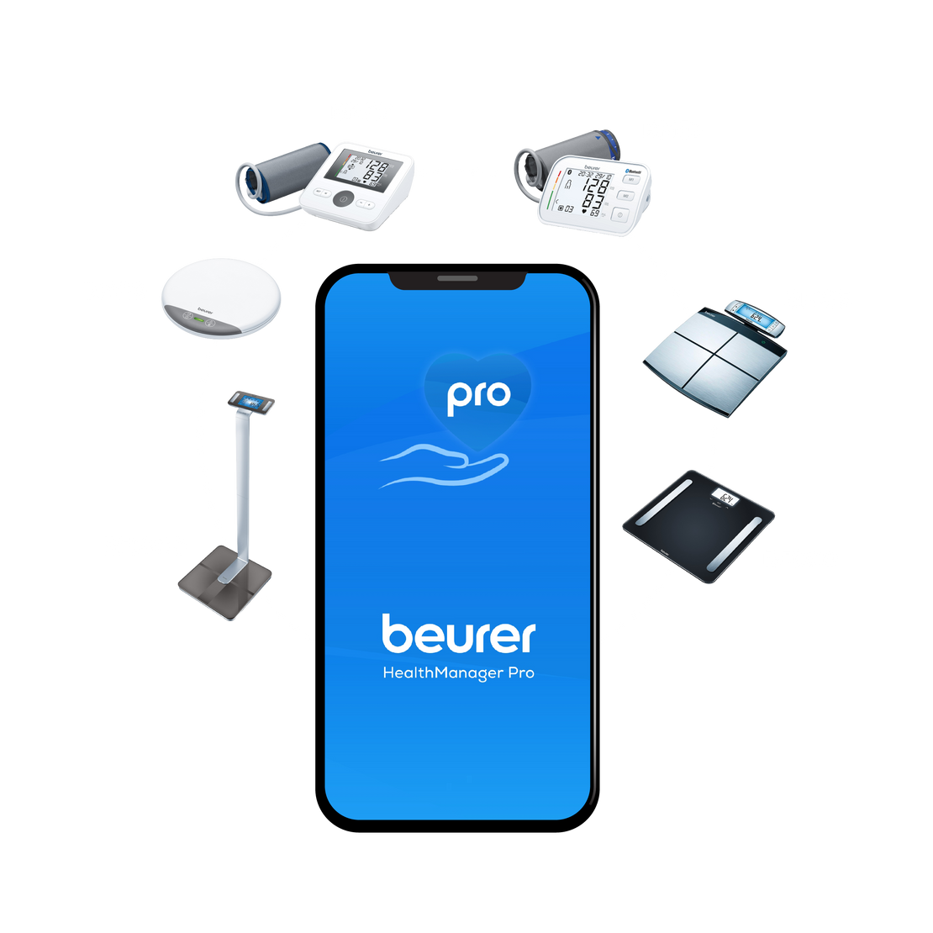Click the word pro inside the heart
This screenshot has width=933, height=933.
[x=478, y=394]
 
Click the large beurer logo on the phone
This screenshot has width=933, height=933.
[x=458, y=635]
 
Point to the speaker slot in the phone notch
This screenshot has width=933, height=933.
[x=457, y=278]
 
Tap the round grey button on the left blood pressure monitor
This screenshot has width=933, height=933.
[x=342, y=199]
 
